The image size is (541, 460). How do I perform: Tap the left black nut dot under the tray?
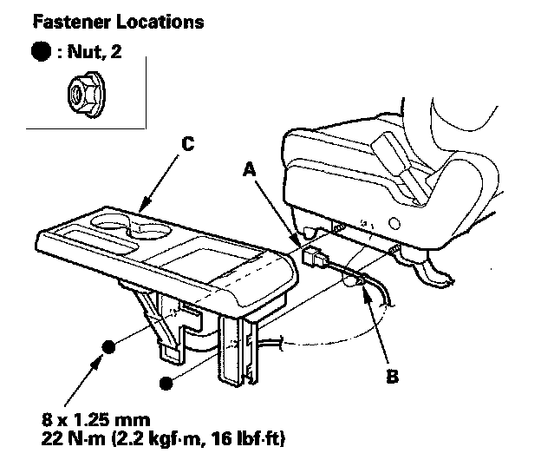coord(109,348)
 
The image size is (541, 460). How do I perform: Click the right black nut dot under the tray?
coord(165,381)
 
